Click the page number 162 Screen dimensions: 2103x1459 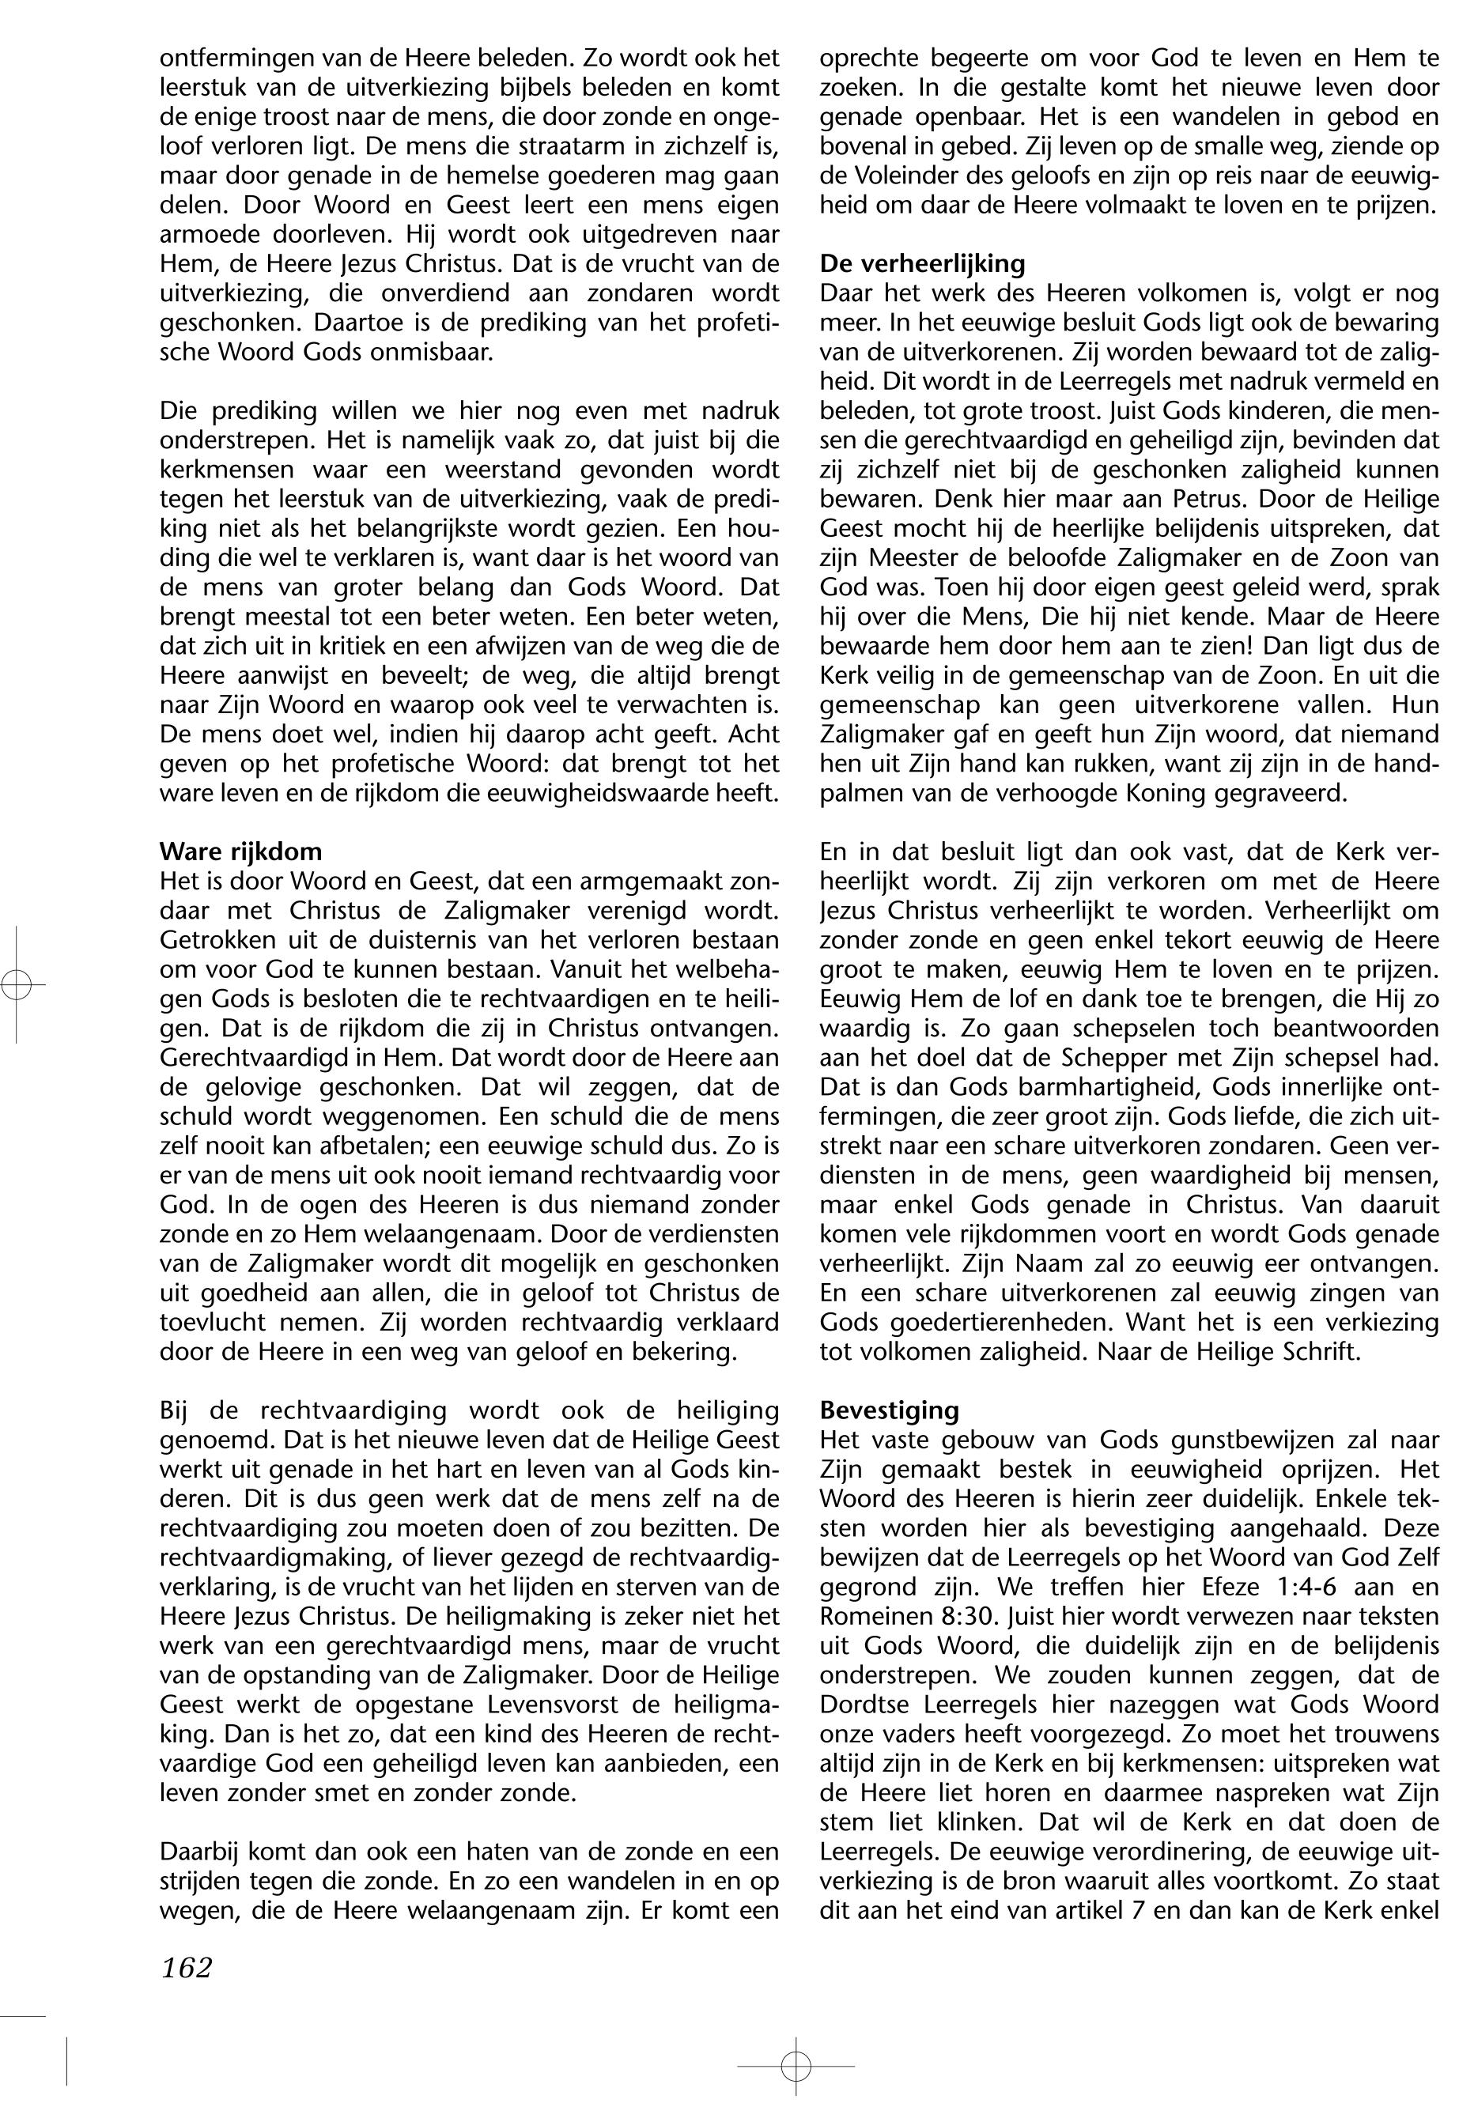[187, 1967]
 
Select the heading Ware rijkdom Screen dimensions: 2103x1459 [240, 851]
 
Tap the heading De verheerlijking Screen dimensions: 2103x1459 [922, 264]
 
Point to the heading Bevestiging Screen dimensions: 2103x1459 [890, 1410]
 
